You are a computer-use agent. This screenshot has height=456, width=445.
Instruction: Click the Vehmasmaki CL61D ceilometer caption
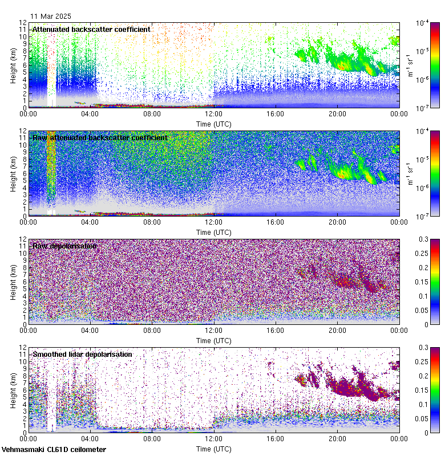click(x=53, y=449)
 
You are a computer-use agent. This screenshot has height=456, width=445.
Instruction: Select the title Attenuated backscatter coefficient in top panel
click(x=91, y=30)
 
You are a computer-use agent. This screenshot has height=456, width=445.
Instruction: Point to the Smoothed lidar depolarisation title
click(x=82, y=355)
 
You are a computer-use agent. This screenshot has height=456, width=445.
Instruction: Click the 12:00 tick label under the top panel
click(x=213, y=114)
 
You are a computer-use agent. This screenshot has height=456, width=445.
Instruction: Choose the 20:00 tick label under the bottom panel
click(x=337, y=439)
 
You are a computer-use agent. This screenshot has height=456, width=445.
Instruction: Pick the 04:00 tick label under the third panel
click(x=90, y=331)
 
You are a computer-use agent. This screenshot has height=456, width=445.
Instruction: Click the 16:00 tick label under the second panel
click(x=276, y=222)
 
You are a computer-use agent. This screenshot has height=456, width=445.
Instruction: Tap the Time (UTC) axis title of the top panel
click(x=213, y=124)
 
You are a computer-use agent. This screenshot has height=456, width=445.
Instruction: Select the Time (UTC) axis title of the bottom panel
click(x=213, y=449)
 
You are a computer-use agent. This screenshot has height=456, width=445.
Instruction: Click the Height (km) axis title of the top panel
click(x=13, y=66)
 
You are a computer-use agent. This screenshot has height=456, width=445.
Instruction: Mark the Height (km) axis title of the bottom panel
click(x=13, y=390)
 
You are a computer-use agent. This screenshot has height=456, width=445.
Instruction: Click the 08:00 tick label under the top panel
click(x=152, y=114)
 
